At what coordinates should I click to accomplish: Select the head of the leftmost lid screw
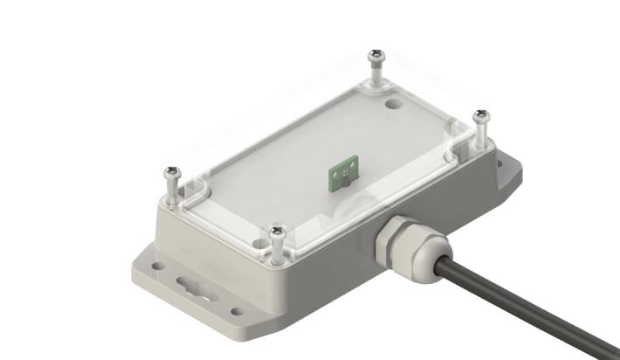tap(170, 173)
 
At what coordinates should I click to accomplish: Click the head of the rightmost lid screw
tap(480, 115)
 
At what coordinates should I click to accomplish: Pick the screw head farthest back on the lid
tap(376, 56)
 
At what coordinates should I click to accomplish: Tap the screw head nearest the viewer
tap(278, 232)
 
